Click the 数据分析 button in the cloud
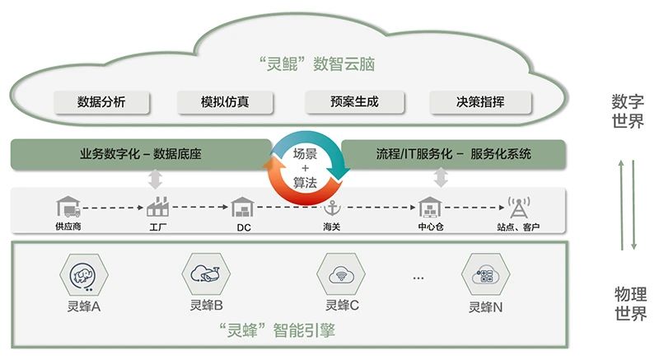point(101,102)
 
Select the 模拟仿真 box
point(225,102)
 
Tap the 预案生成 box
point(354,102)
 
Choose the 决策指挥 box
point(480,102)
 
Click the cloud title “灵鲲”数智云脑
point(317,64)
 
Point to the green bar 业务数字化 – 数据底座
point(141,154)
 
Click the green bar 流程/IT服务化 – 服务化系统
point(454,154)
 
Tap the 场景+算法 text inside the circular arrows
point(305,168)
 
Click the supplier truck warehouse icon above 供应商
point(68,206)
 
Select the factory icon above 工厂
point(157,206)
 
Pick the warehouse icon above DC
point(243,207)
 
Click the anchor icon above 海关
point(332,208)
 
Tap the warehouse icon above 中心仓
point(430,207)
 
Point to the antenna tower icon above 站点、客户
point(519,207)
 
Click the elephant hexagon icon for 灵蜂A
point(84,276)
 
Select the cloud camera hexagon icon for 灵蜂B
point(206,274)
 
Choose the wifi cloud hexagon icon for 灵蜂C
point(341,274)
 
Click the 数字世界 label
point(628,111)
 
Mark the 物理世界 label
point(630,304)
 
